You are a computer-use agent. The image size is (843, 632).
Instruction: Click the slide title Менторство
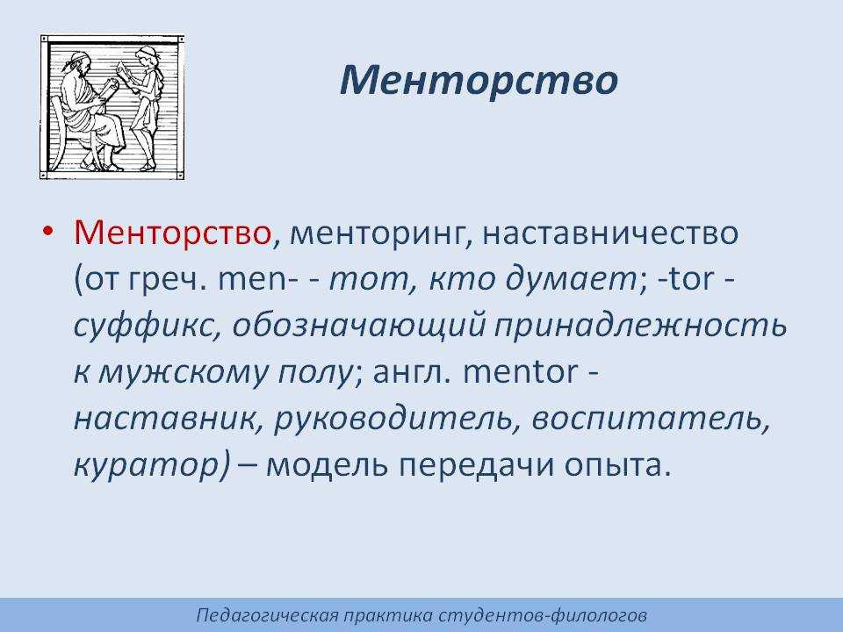pyautogui.click(x=479, y=80)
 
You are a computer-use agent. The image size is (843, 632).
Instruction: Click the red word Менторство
pyautogui.click(x=172, y=233)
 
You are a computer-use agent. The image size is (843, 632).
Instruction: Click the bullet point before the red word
pyautogui.click(x=49, y=231)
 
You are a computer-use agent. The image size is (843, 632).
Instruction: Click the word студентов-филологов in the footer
pyautogui.click(x=543, y=615)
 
